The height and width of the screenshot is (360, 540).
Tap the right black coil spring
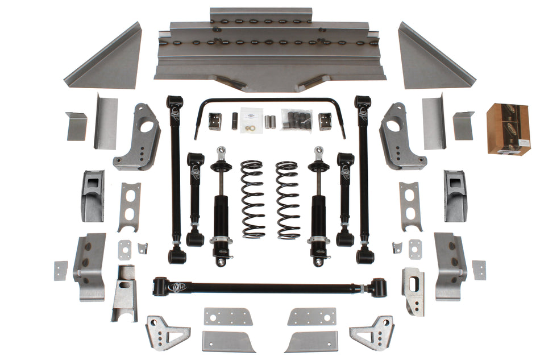click(288, 199)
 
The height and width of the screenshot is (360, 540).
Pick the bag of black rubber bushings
click(296, 119)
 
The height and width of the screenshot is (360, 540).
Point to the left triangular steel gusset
click(106, 60)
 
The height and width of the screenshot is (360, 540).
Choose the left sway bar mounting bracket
click(214, 121)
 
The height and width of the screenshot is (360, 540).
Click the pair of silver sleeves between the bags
click(271, 121)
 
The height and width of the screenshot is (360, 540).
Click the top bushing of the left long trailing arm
click(175, 102)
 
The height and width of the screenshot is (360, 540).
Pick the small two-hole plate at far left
click(60, 270)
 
